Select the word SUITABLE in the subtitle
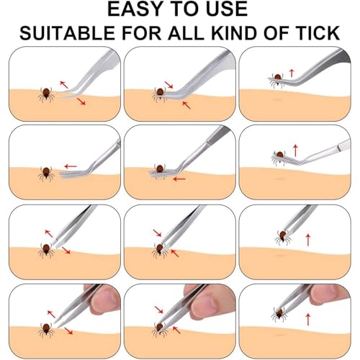[67, 32]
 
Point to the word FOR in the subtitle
[142, 32]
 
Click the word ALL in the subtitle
[186, 32]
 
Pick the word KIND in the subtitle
[234, 32]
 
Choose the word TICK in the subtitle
[318, 32]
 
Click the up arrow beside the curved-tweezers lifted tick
[292, 73]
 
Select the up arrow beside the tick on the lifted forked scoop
[295, 150]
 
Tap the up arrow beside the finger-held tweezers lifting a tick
[308, 319]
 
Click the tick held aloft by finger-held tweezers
[279, 314]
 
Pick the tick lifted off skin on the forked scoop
[279, 156]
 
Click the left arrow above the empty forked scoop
[71, 166]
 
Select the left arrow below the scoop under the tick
[179, 179]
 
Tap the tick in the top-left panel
[46, 95]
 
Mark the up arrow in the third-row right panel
[308, 240]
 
